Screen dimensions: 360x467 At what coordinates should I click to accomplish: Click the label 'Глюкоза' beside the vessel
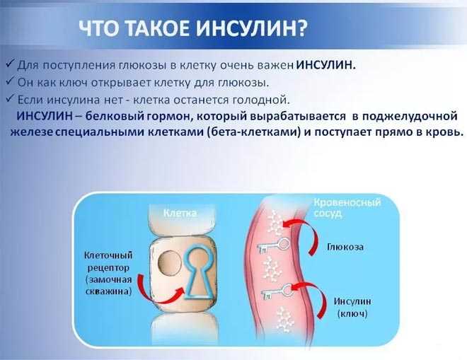tap(345, 248)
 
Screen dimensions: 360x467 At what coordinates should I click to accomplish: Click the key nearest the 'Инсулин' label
tap(277, 291)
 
